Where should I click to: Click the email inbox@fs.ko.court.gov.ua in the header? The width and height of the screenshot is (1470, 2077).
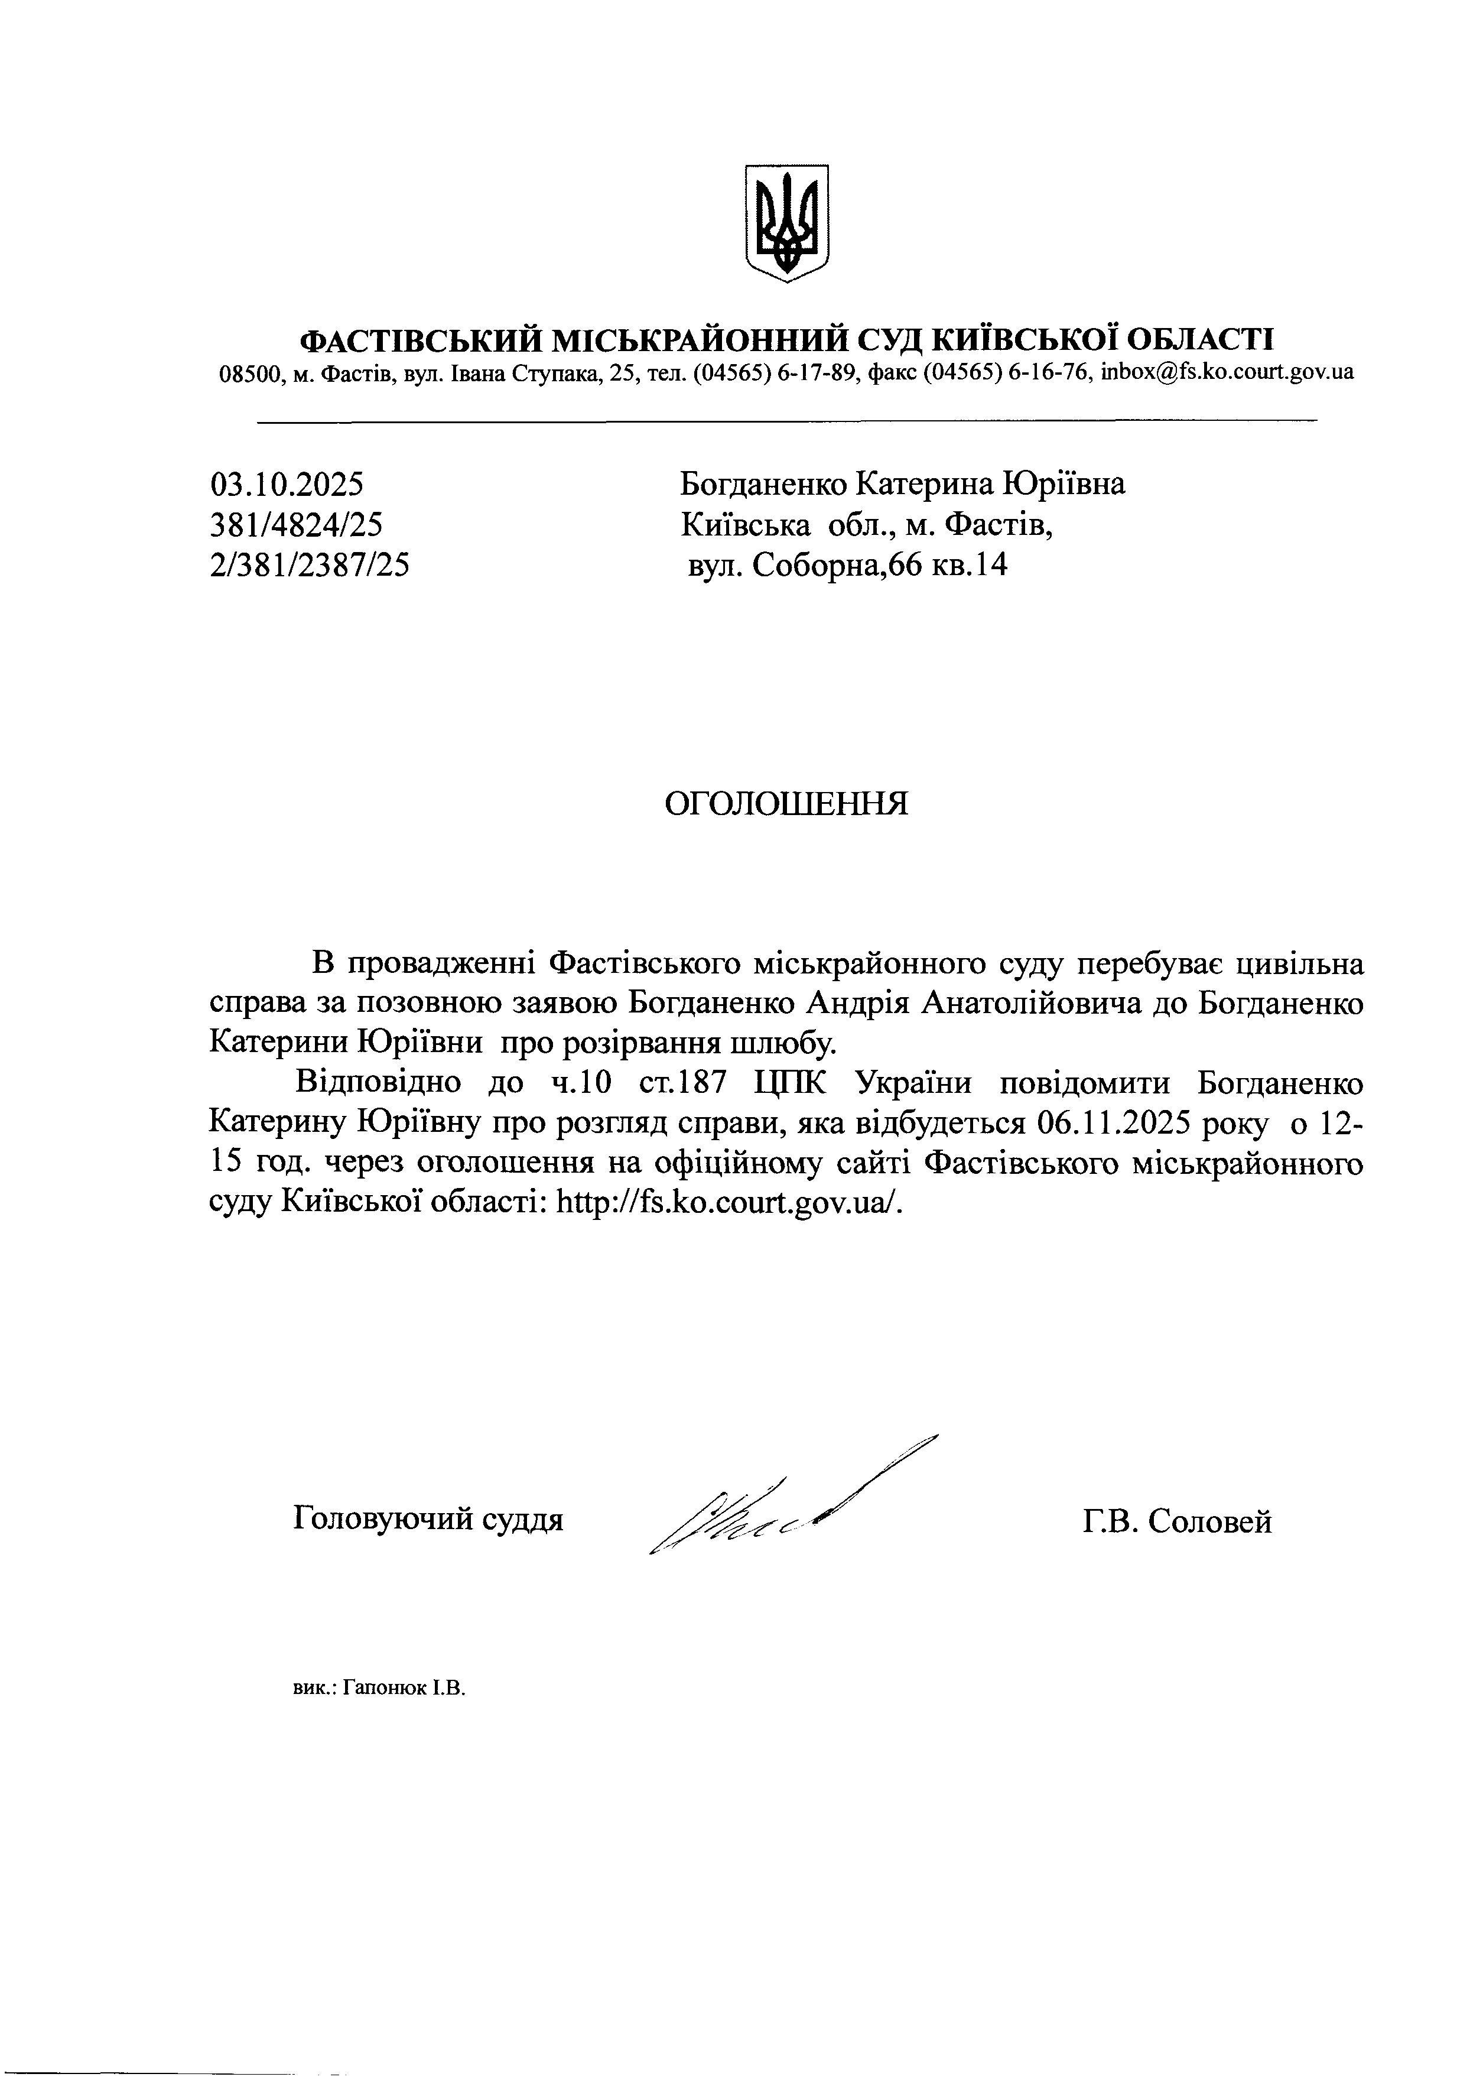click(x=1227, y=372)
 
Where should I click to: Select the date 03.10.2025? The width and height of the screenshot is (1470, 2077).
click(x=287, y=485)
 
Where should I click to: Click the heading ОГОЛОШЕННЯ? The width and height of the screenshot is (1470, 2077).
click(x=786, y=803)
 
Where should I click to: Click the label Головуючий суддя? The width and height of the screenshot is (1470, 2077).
click(x=428, y=1518)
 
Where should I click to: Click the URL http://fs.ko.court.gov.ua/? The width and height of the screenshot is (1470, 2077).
click(x=729, y=1202)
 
